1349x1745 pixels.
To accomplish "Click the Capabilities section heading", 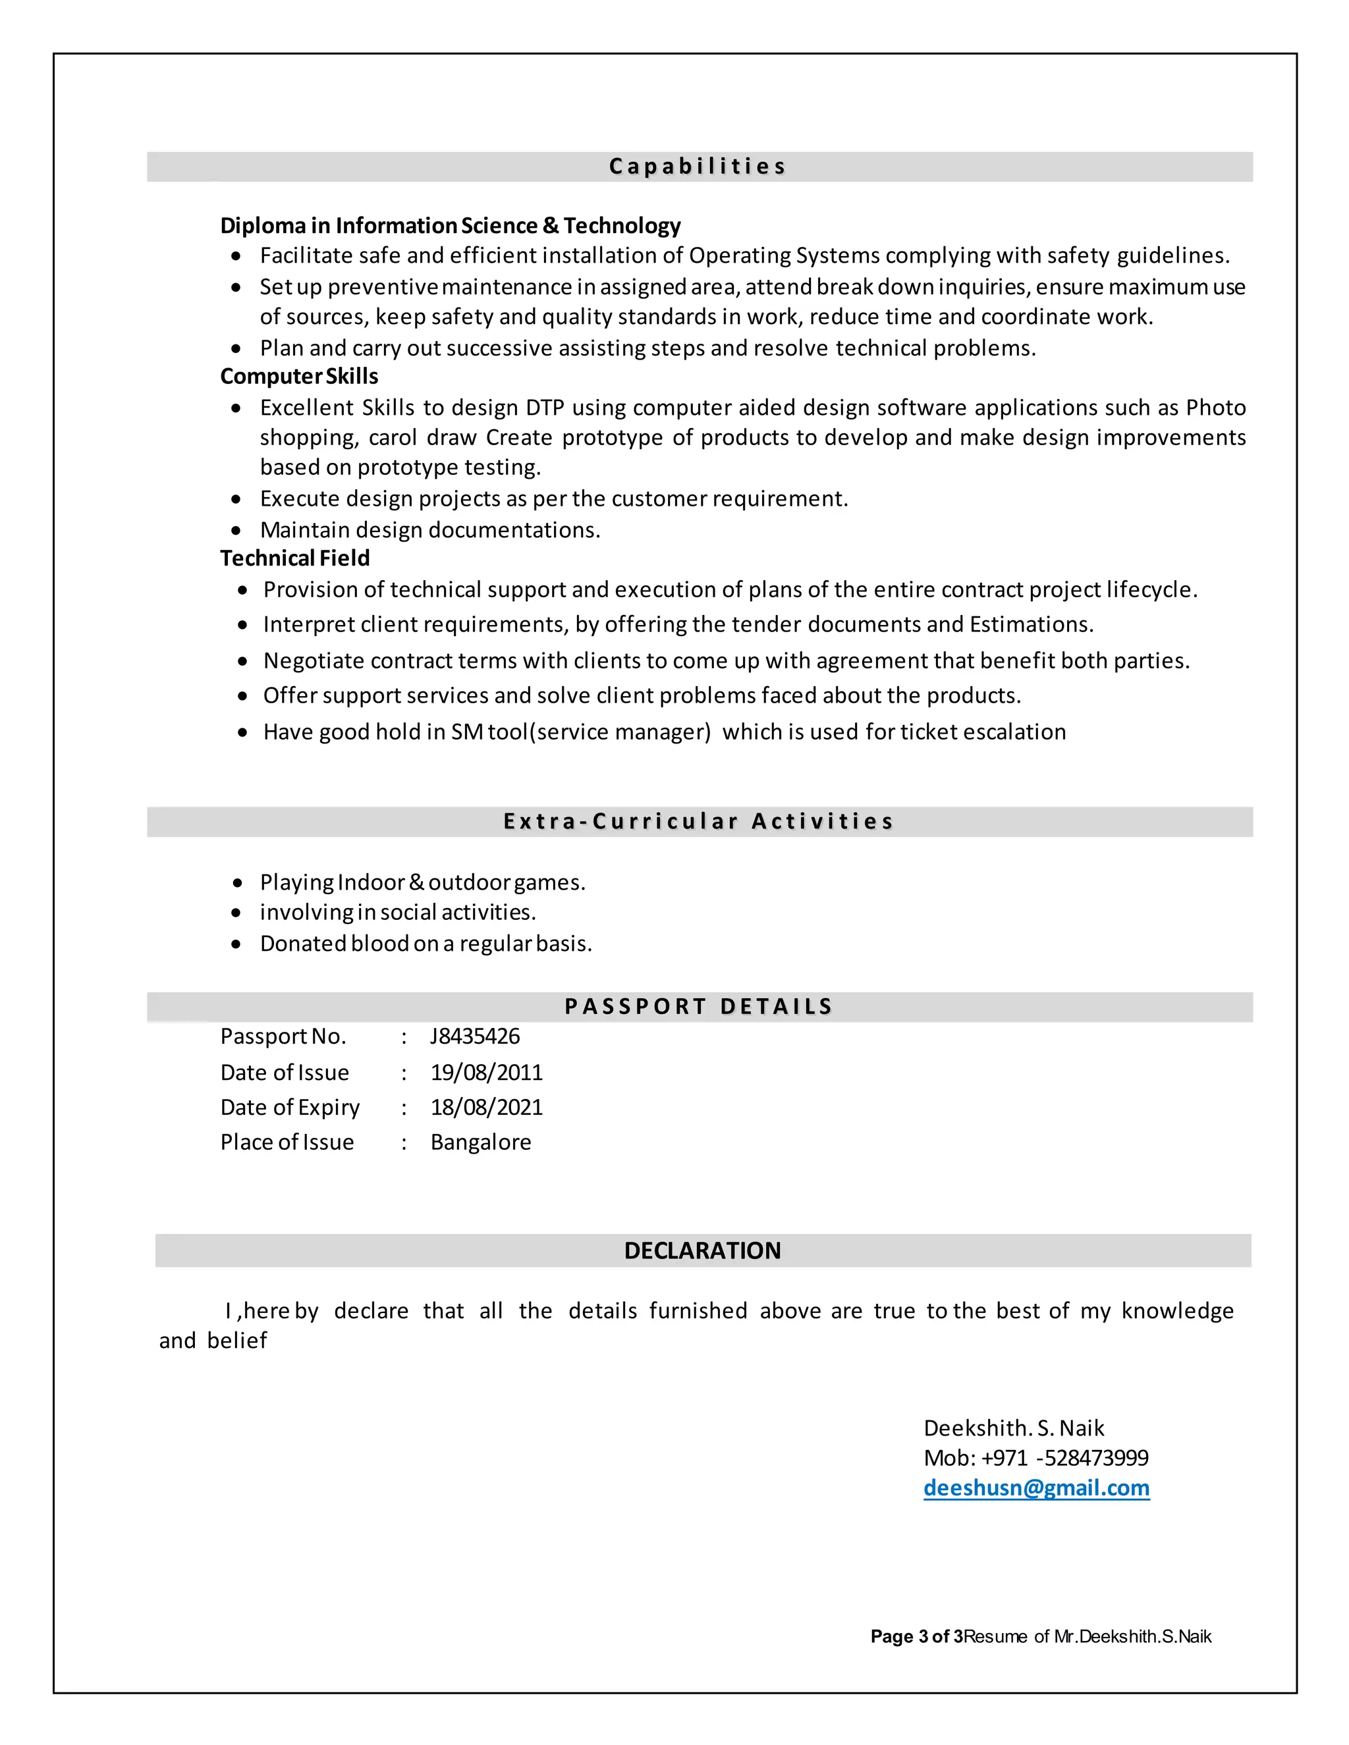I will [x=698, y=166].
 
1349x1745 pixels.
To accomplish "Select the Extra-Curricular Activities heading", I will [x=698, y=821].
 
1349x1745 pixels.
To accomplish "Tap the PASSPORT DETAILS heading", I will [x=698, y=1007].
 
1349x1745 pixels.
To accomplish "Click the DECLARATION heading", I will [x=702, y=1250].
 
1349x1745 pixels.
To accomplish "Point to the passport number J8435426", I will [x=475, y=1036].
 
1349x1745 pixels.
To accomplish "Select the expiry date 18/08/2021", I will [x=486, y=1108].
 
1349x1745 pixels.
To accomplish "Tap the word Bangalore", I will [x=480, y=1142].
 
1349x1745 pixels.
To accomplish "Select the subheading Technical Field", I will [x=295, y=558].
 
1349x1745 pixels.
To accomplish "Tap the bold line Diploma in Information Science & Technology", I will [x=450, y=226].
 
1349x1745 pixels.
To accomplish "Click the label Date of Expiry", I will [x=289, y=1108].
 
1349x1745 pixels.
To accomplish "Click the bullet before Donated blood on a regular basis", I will [x=236, y=944].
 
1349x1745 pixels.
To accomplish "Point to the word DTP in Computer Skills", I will [x=544, y=408].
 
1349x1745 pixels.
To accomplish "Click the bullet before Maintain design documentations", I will [x=236, y=531].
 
